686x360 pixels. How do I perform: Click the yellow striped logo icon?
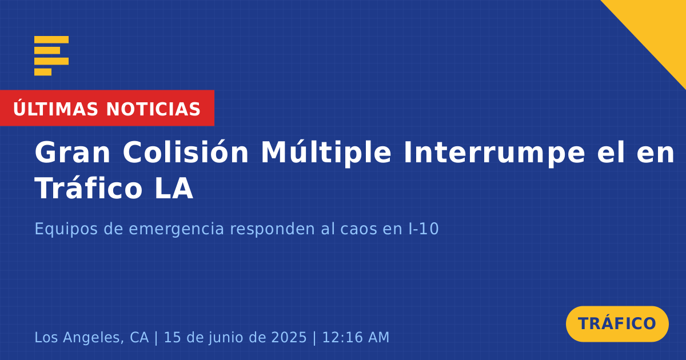click(51, 56)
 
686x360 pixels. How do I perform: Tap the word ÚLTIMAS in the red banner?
click(55, 109)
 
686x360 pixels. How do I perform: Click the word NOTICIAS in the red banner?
click(153, 109)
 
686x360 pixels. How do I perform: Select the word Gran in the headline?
click(72, 152)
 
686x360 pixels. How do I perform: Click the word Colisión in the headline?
click(186, 152)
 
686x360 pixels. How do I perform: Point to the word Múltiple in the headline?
click(326, 153)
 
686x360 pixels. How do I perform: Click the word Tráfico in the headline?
click(89, 188)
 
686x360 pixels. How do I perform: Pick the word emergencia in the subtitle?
click(176, 229)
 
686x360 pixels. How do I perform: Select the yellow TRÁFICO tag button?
click(617, 324)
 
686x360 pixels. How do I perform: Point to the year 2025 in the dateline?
click(289, 337)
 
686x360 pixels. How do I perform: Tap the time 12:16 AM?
click(356, 337)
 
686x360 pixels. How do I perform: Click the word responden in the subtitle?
click(272, 229)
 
